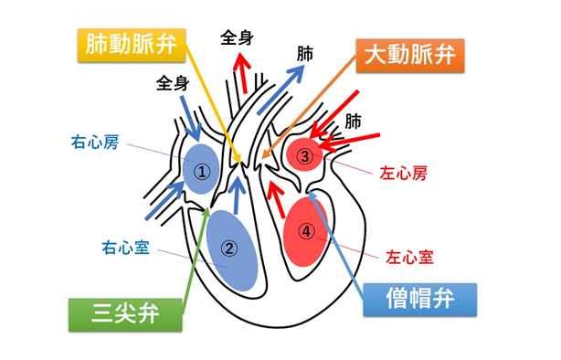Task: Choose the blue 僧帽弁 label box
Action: (421, 298)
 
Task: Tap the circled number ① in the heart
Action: (203, 170)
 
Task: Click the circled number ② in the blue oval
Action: (230, 247)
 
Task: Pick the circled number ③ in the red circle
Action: (305, 155)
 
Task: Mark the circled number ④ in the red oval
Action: (307, 230)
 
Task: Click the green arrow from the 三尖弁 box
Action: (196, 265)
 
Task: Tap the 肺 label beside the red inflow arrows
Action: (354, 120)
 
